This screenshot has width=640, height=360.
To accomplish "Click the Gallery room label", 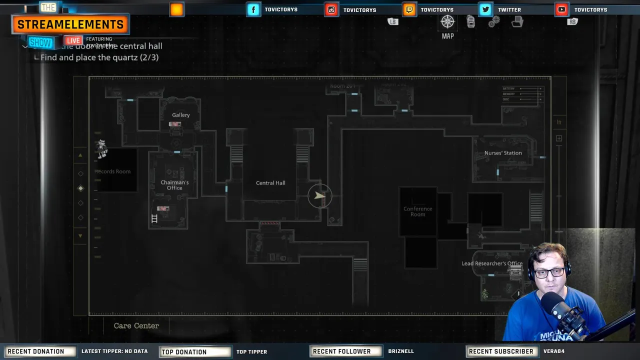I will coord(180,115).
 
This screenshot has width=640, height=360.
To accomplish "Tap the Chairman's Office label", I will coord(174,185).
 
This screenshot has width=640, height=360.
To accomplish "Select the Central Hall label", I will coord(270,183).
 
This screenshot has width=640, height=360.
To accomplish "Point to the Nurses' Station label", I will coord(502,153).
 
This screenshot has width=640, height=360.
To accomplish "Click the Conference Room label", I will coord(417,211).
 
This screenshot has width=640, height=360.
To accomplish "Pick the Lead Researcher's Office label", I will coord(491,263).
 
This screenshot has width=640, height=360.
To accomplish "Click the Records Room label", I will coord(113,171).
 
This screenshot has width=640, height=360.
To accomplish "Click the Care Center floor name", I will coord(136,325).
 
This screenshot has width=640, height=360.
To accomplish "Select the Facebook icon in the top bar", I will coord(253,9).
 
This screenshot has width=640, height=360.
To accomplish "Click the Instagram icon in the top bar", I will coord(331,9).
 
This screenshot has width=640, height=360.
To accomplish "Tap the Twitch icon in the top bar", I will coord(409,9).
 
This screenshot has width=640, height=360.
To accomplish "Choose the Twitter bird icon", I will coord(485,9).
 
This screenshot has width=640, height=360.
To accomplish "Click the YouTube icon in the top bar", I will coord(561,9).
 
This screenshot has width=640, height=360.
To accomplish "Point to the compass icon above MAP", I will coord(447,21).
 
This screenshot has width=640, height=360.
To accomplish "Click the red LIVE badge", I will coord(73,40).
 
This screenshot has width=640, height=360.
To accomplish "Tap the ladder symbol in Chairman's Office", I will coord(154,218).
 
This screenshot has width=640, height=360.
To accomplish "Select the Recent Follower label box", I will coord(341,351).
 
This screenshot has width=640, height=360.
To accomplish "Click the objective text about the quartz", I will coord(99,57).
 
